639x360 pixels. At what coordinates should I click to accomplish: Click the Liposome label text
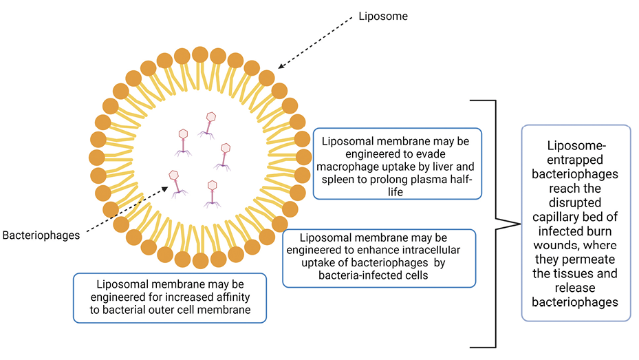click(384, 16)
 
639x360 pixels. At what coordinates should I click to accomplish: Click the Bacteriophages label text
click(41, 235)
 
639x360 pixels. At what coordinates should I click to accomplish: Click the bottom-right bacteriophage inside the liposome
click(213, 193)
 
